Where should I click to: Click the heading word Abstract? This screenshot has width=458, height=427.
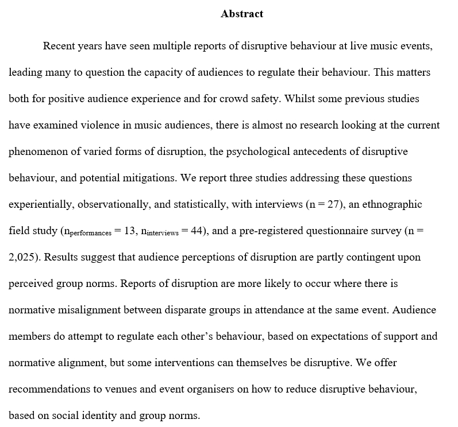point(242,14)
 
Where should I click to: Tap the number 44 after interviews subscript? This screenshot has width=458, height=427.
point(199,231)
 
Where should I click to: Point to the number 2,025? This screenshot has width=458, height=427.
point(22,257)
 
